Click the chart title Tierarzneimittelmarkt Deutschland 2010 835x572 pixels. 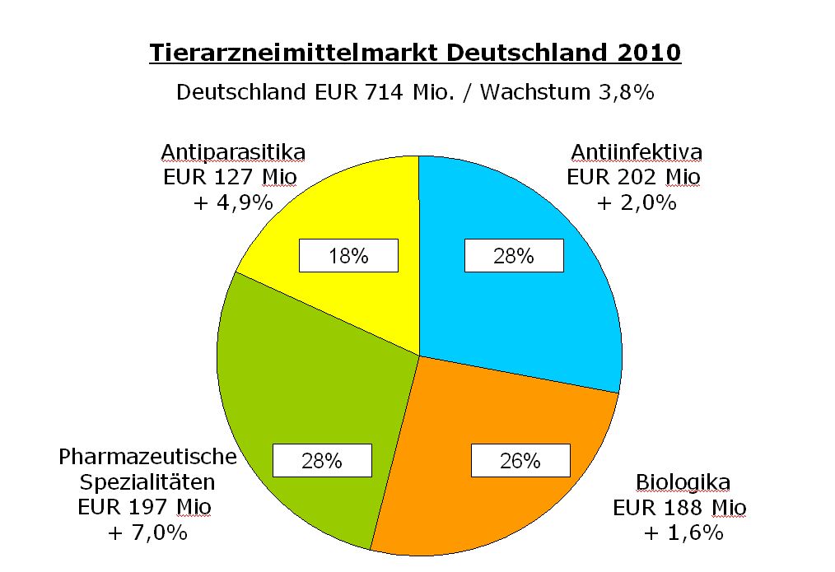pyautogui.click(x=415, y=53)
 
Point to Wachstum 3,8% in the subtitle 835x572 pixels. pyautogui.click(x=567, y=92)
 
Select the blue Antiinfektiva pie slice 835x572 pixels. pyautogui.click(x=535, y=313)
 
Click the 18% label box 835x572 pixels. pyautogui.click(x=348, y=256)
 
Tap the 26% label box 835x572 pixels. pyautogui.click(x=520, y=461)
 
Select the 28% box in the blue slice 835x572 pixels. pyautogui.click(x=514, y=256)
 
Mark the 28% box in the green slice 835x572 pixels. pyautogui.click(x=322, y=461)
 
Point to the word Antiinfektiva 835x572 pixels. pyautogui.click(x=636, y=152)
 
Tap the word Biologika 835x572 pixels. pyautogui.click(x=683, y=481)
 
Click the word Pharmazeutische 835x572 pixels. pyautogui.click(x=147, y=457)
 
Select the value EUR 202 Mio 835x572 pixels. pyautogui.click(x=633, y=177)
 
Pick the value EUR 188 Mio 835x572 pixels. pyautogui.click(x=679, y=507)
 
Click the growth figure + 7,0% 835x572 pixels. pyautogui.click(x=148, y=532)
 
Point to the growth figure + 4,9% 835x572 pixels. pyautogui.click(x=232, y=202)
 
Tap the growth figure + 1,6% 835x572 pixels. pyautogui.click(x=683, y=532)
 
